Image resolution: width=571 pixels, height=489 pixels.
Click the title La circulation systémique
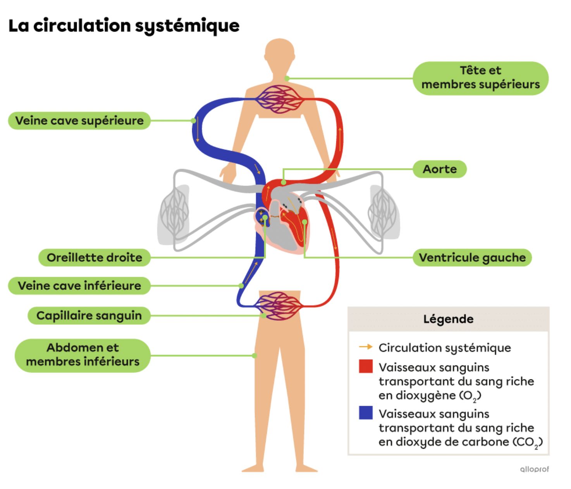pyautogui.click(x=124, y=26)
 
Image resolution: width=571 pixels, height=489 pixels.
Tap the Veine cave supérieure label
pyautogui.click(x=79, y=121)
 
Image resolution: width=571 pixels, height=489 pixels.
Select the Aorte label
pyautogui.click(x=440, y=169)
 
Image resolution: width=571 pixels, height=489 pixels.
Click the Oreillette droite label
pyautogui.click(x=95, y=258)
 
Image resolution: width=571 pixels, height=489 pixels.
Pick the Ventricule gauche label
pyautogui.click(x=472, y=258)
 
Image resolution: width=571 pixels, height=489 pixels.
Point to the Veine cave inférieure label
pyautogui.click(x=79, y=286)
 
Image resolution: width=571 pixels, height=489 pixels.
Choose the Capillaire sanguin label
pyautogui.click(x=89, y=315)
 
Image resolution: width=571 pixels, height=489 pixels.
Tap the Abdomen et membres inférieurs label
pyautogui.click(x=83, y=355)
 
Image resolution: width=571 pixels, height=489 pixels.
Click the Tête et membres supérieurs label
pyautogui.click(x=480, y=78)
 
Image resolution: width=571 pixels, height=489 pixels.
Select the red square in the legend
pyautogui.click(x=366, y=366)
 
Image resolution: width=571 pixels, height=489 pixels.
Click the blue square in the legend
pyautogui.click(x=366, y=413)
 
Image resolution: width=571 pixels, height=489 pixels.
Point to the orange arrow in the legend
pyautogui.click(x=366, y=347)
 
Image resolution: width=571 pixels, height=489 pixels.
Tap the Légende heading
pyautogui.click(x=448, y=319)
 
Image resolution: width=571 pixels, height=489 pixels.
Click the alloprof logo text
pyautogui.click(x=534, y=469)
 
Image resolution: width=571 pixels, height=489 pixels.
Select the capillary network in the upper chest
pyautogui.click(x=279, y=99)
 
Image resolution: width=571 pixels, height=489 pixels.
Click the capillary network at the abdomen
pyautogui.click(x=279, y=306)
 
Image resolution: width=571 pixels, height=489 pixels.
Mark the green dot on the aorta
pyautogui.click(x=284, y=183)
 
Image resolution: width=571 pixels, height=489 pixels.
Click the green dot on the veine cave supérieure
pyautogui.click(x=193, y=121)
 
